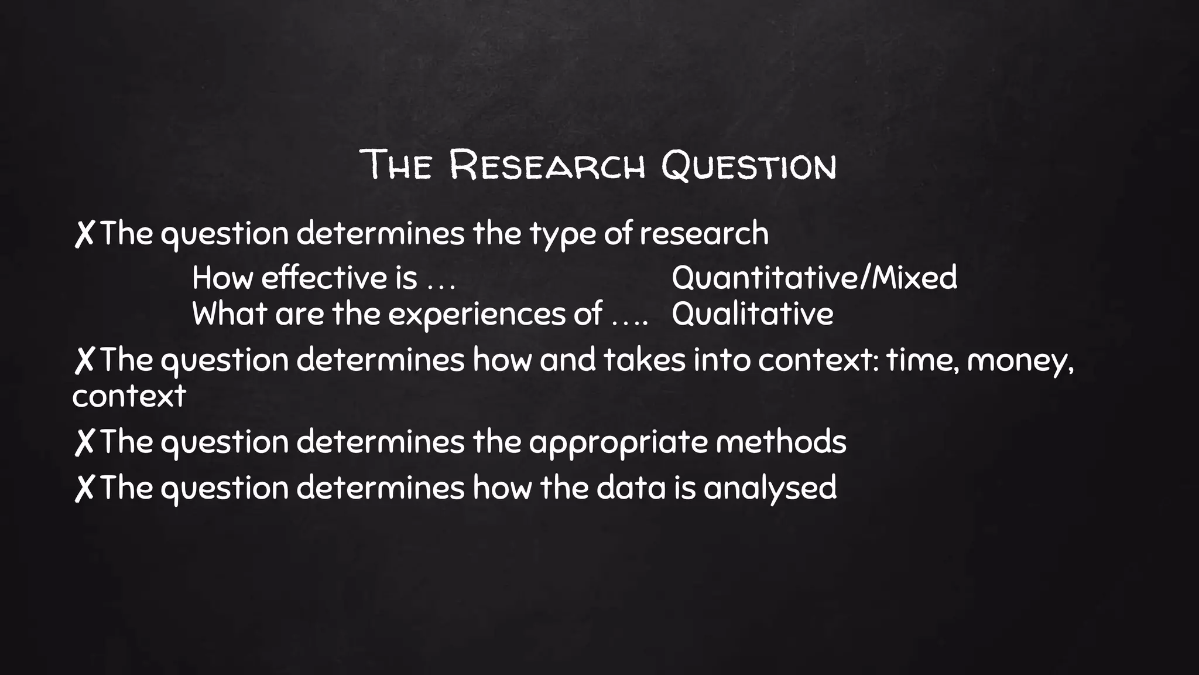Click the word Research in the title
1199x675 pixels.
click(x=547, y=165)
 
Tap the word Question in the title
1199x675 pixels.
click(x=749, y=165)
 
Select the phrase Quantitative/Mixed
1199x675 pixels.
click(x=814, y=277)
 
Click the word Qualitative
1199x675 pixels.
click(x=752, y=313)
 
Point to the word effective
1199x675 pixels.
click(x=324, y=277)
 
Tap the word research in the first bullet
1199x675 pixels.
click(x=704, y=233)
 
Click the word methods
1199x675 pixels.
click(x=781, y=442)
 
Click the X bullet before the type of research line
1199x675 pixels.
click(x=84, y=234)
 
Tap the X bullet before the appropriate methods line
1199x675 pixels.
click(x=84, y=442)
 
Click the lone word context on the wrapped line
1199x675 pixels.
click(x=129, y=396)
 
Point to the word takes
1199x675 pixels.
click(x=644, y=359)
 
